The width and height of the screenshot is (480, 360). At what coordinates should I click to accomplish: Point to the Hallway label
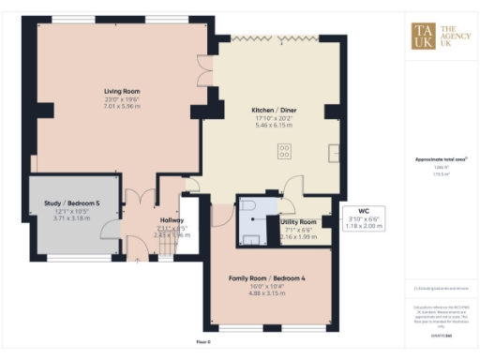point(171,220)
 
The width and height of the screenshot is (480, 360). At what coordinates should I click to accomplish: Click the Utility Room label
point(300,221)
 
